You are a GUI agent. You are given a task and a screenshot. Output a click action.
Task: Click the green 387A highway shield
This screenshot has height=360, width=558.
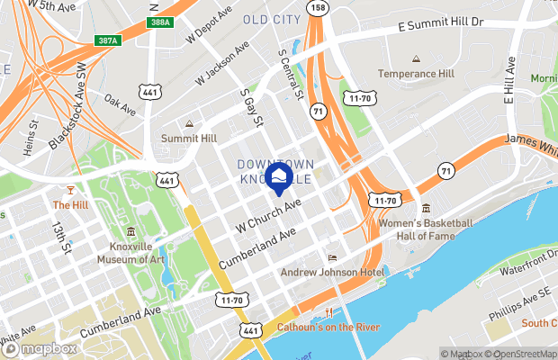click(106, 40)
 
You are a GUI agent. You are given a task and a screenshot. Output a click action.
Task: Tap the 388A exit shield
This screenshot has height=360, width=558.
click(158, 21)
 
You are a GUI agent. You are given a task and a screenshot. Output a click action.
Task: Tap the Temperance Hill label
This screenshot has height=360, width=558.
click(416, 74)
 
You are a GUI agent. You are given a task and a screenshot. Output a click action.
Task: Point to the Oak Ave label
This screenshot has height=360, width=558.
click(119, 104)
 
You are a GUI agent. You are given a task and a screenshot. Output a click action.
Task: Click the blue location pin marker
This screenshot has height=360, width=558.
click(277, 176)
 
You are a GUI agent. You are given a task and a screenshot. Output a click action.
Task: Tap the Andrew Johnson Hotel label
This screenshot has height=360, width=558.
click(332, 273)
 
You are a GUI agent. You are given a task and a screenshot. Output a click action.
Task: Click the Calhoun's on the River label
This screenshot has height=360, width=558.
click(328, 327)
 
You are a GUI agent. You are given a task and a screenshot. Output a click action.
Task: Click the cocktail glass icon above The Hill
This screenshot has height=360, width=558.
click(68, 190)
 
